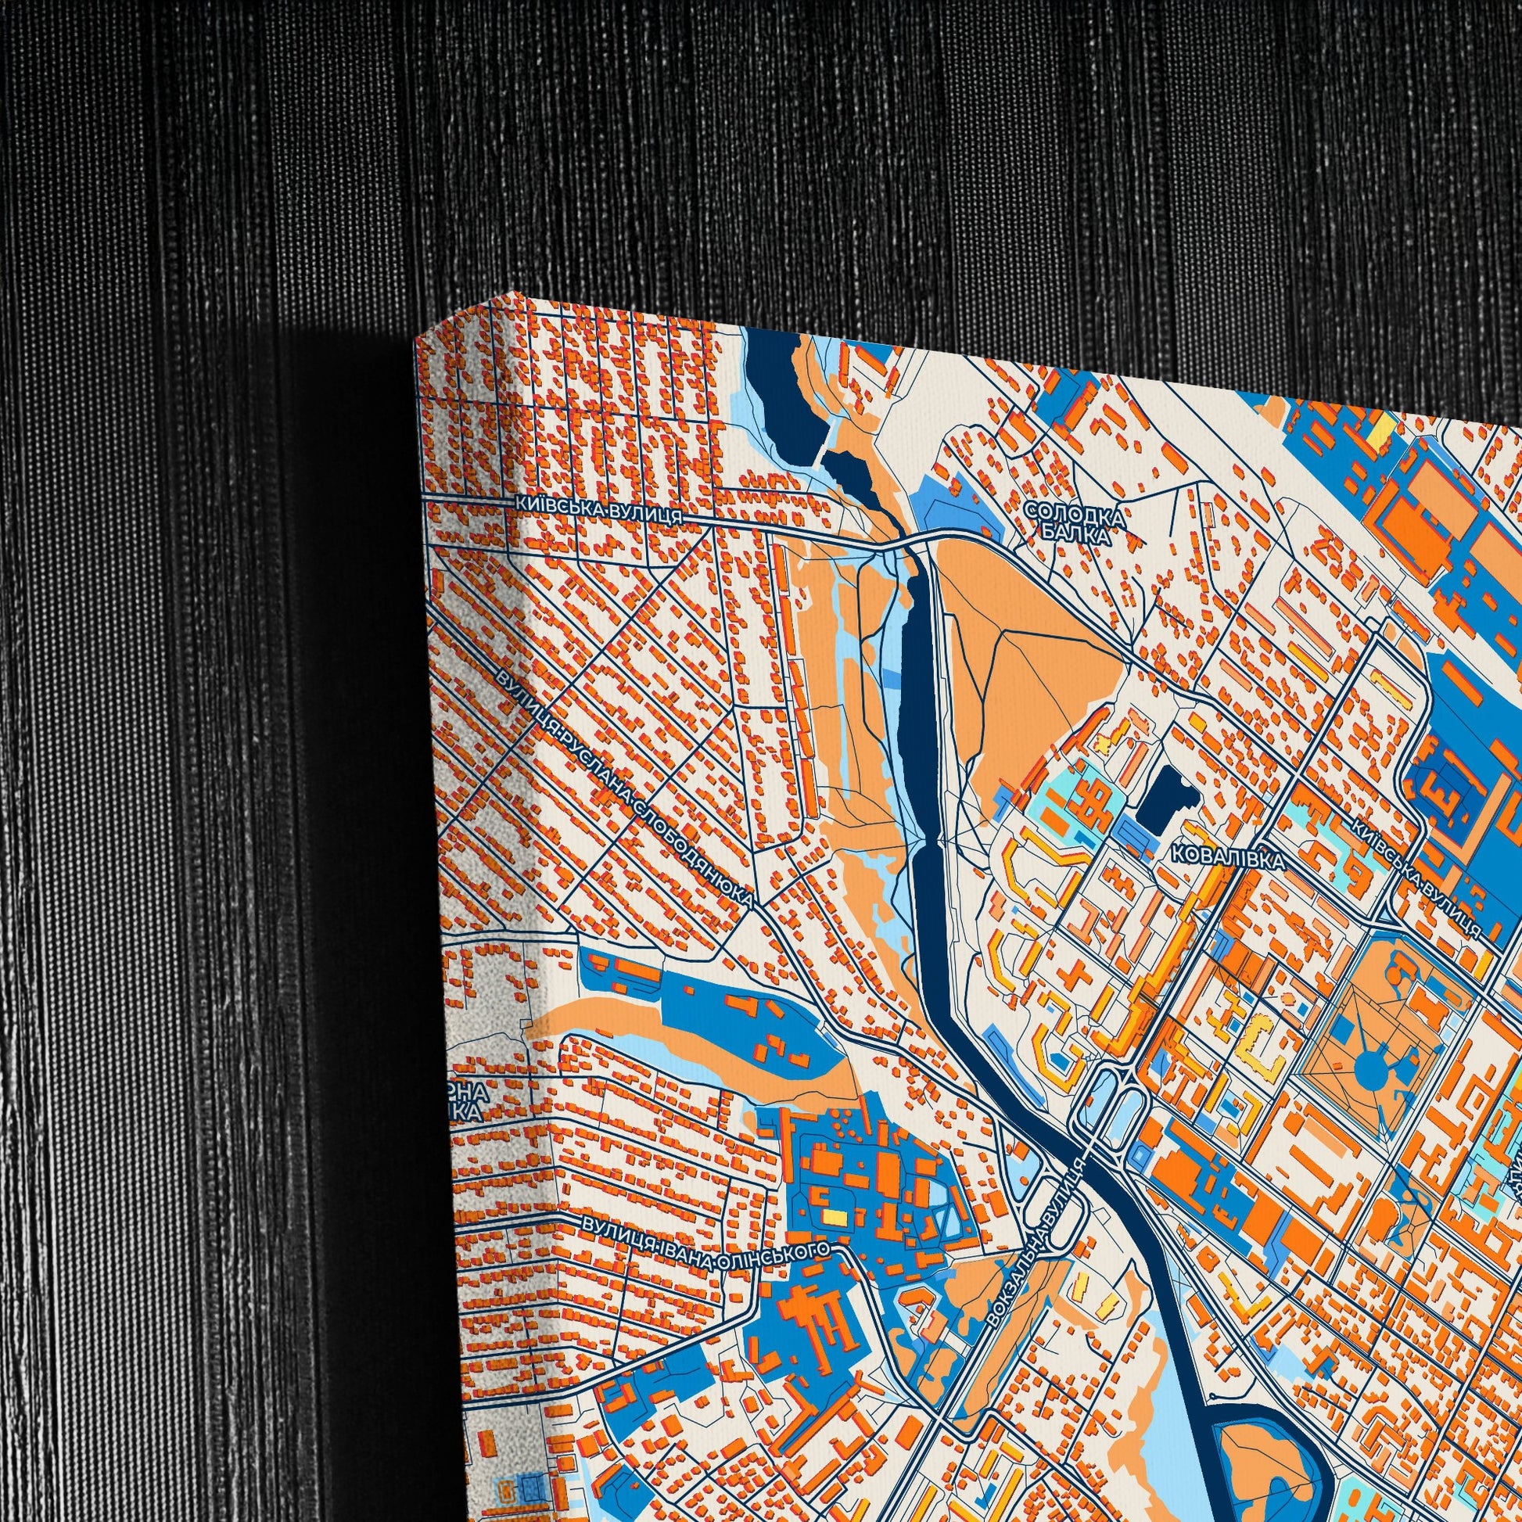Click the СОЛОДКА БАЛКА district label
[x=1075, y=525]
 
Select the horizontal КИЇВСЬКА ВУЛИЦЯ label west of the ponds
[x=598, y=509]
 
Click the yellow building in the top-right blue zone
[x=1382, y=426]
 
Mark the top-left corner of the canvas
[x=416, y=337]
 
